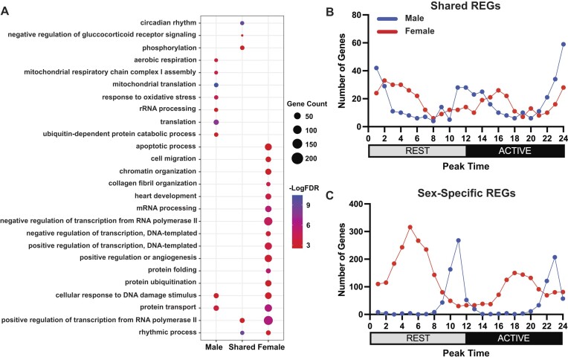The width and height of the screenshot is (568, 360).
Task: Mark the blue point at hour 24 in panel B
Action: (x=562, y=44)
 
